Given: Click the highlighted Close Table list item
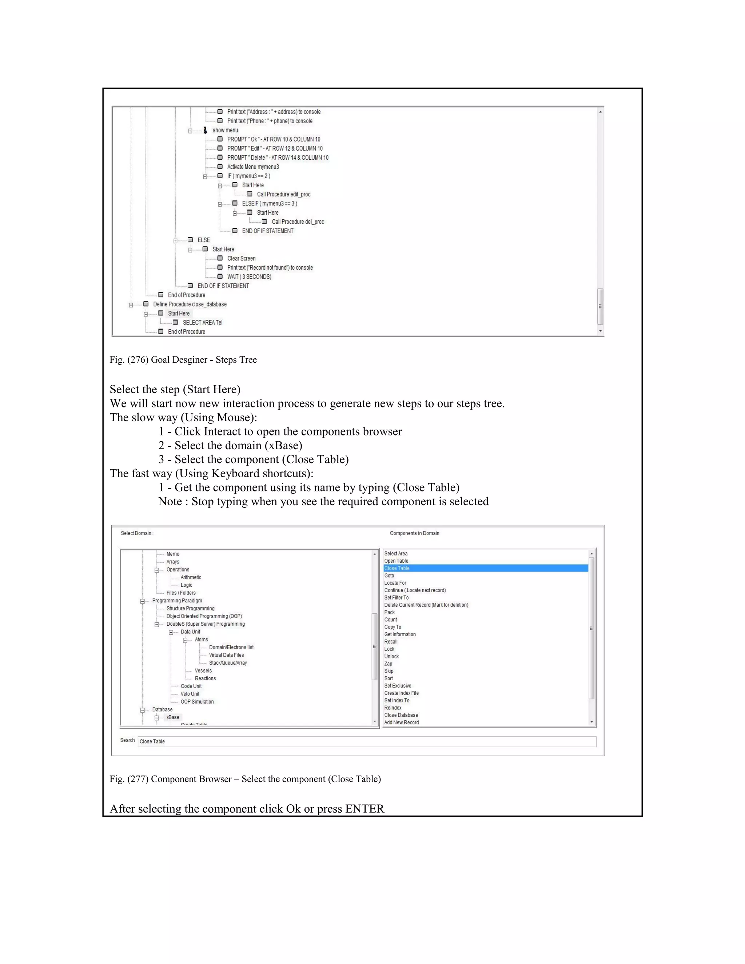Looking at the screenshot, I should [x=397, y=568].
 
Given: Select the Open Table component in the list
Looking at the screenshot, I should [x=397, y=561].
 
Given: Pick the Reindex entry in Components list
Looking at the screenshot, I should [x=393, y=708].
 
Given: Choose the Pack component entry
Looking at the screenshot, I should [x=389, y=612].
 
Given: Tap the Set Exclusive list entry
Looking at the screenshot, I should [x=398, y=685].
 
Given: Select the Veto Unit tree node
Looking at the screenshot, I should [x=190, y=694].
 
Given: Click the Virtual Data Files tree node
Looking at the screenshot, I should [x=226, y=655].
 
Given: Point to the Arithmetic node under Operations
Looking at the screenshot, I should [x=191, y=577].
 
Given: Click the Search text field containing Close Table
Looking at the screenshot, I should [x=366, y=741].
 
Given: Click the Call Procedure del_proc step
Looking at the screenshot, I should [x=298, y=222].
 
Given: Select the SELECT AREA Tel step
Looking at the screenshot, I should [x=203, y=323].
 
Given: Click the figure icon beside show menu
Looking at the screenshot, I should [x=205, y=130].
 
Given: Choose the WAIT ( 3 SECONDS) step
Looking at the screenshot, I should [x=249, y=277].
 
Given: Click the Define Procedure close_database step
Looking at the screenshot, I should [x=190, y=304].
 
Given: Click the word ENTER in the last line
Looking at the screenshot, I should [x=364, y=809].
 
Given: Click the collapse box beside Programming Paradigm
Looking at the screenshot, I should [x=143, y=601].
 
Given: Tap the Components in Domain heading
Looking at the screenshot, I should [x=414, y=533].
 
